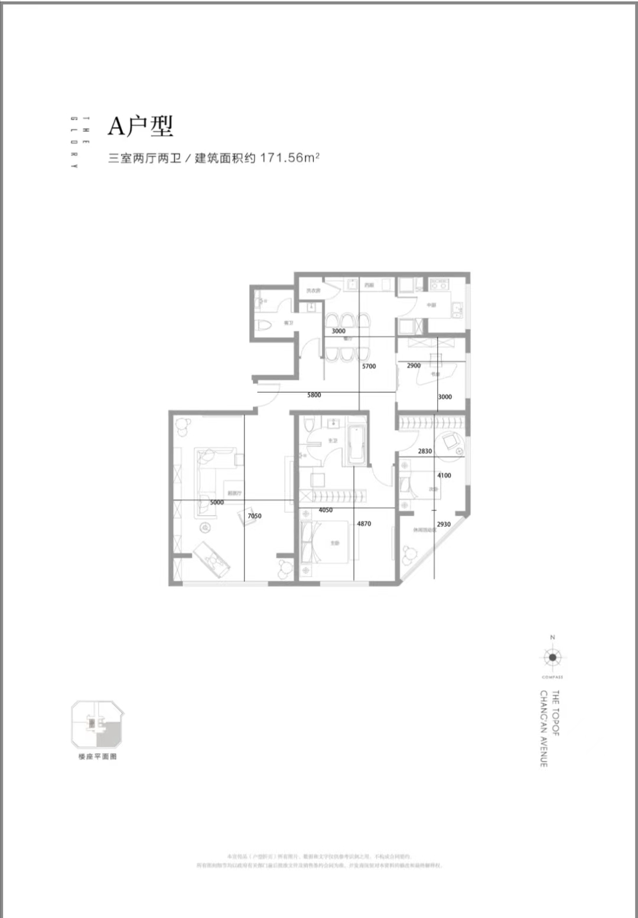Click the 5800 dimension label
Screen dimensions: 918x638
click(314, 395)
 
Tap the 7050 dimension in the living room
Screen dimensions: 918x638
click(254, 516)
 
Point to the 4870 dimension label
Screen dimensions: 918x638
click(364, 523)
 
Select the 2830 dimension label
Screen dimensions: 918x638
click(425, 451)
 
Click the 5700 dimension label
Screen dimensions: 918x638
click(369, 366)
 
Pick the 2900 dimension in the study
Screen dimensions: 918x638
click(414, 366)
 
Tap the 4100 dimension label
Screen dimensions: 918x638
click(444, 476)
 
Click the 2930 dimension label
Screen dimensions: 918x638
click(443, 524)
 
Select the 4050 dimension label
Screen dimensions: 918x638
click(325, 510)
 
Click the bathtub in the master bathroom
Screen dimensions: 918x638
click(357, 444)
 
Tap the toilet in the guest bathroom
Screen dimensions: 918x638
click(265, 324)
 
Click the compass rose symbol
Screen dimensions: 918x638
click(552, 657)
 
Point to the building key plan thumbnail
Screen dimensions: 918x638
click(97, 725)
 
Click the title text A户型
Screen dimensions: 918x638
click(140, 126)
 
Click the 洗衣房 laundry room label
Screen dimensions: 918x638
click(313, 290)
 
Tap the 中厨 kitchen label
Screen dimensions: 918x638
click(431, 305)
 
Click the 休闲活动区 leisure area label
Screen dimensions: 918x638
click(424, 530)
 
